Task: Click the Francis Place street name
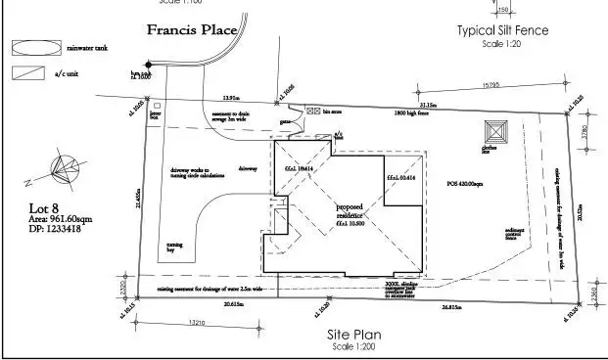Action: click(x=192, y=29)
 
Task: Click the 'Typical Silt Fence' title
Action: click(x=502, y=30)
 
